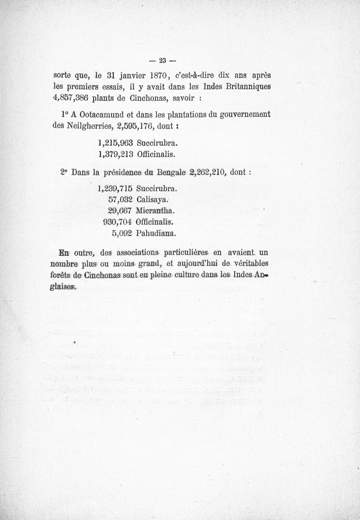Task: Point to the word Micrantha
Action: pos(155,211)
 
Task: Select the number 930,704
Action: pos(117,222)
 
